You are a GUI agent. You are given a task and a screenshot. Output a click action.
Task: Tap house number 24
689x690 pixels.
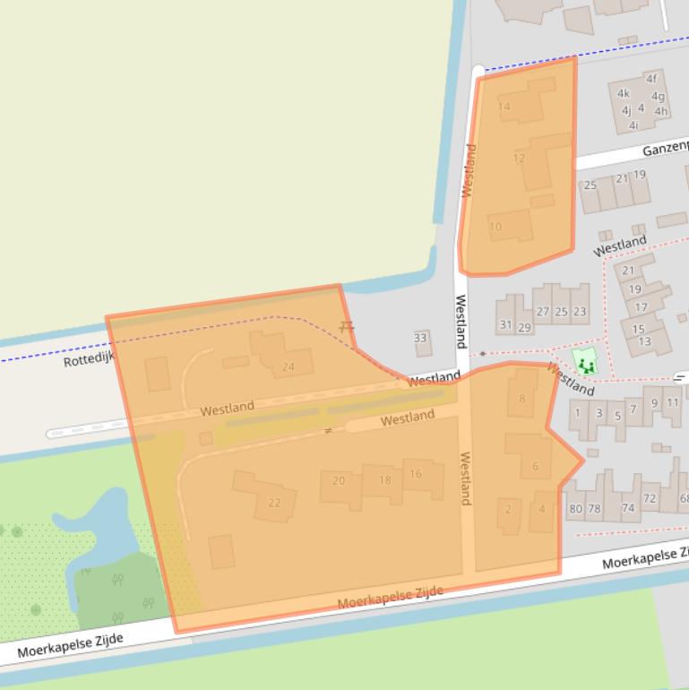click(x=288, y=367)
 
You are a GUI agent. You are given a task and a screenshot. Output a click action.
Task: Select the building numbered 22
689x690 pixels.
click(x=274, y=502)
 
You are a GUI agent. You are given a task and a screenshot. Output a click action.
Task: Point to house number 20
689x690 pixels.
click(x=338, y=480)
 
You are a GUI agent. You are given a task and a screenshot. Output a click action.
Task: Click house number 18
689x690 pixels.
click(x=384, y=479)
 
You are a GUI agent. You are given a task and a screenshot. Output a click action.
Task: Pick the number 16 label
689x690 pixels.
click(x=415, y=473)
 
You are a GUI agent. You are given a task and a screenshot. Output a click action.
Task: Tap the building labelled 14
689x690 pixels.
click(x=504, y=107)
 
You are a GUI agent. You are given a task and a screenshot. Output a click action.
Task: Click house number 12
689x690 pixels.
click(x=519, y=158)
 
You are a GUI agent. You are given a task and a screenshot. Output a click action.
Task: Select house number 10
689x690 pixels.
click(x=495, y=227)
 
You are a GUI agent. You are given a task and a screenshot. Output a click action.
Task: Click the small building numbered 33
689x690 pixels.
click(x=420, y=338)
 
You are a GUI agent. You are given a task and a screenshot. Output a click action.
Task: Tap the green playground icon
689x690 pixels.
click(x=587, y=365)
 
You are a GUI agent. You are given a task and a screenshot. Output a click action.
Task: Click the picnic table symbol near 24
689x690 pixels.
click(x=347, y=328)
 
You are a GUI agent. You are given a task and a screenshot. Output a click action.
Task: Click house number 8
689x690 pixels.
click(x=522, y=399)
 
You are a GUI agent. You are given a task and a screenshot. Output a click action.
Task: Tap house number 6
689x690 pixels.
click(x=535, y=465)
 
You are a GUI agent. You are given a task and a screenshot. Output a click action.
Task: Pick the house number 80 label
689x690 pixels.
click(x=575, y=508)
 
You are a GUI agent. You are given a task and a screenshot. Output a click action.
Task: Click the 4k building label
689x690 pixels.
click(x=624, y=93)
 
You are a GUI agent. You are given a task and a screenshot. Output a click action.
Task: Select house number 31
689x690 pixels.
click(x=505, y=325)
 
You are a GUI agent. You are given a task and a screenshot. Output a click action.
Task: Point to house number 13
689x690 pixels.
click(x=644, y=341)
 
